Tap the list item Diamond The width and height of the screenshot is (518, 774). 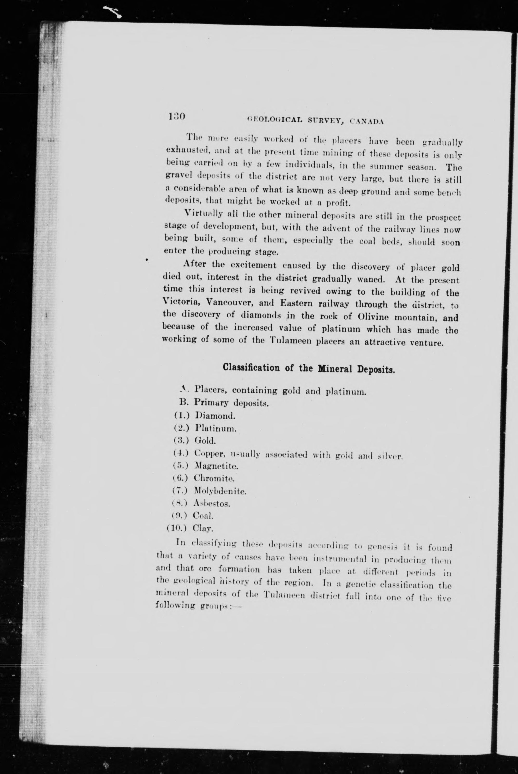click(x=215, y=415)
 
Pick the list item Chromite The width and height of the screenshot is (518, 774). click(x=214, y=478)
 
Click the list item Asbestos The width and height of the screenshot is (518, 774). click(x=212, y=504)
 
